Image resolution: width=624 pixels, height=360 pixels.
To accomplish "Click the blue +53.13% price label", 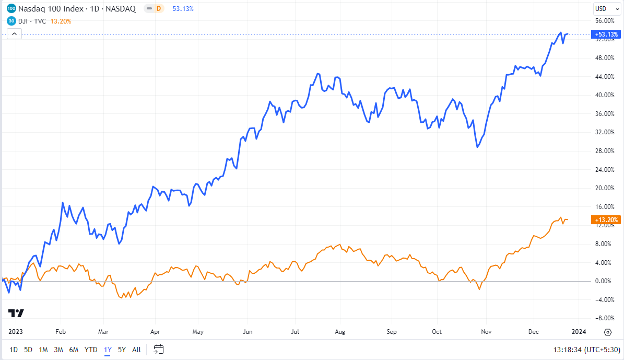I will pos(605,34).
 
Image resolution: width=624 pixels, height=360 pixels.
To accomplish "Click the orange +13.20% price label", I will pos(605,220).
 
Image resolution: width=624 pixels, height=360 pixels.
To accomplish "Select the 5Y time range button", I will pos(122,350).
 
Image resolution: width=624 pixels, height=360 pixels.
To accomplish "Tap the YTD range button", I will pos(91,350).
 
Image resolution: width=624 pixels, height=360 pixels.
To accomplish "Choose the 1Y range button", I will pos(108,350).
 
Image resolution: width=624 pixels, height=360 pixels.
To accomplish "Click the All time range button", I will pos(136,350).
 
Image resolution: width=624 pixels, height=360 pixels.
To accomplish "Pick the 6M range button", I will pos(74,350).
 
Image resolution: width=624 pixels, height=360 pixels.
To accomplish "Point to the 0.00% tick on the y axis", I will pos(604,281).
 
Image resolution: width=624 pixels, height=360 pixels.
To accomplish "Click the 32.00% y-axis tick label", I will pos(604,132).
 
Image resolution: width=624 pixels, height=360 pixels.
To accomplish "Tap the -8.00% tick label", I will pos(604,318).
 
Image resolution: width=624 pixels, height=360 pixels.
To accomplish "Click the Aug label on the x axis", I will pos(340,332).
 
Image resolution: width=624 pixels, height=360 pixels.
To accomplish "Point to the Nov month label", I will pos(486,332).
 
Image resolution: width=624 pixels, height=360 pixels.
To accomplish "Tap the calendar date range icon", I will pos(159,349).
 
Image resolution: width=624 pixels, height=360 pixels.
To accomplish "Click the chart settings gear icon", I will pos(608,332).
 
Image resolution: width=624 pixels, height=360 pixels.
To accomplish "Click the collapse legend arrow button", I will pos(14,34).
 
